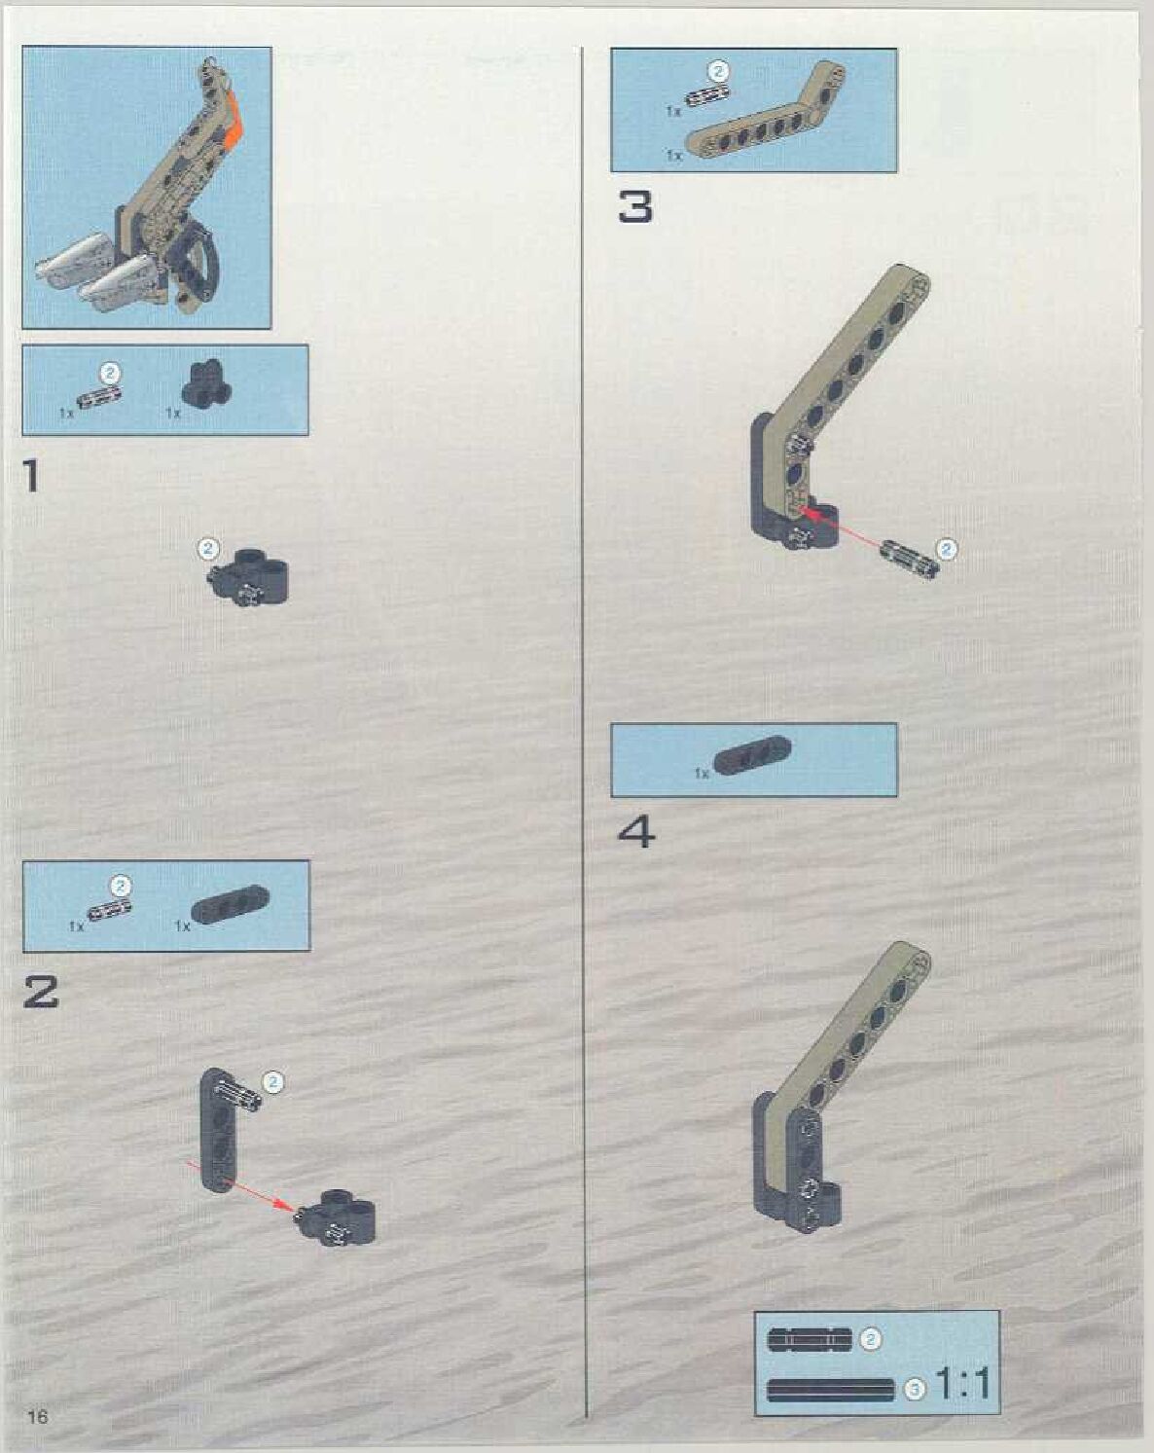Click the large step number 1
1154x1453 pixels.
pos(32,476)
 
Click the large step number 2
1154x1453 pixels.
pos(41,993)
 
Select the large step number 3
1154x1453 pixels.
pos(635,207)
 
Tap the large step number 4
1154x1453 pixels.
pos(636,832)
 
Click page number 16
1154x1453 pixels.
pos(37,1416)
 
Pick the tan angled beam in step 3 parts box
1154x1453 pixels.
pos(766,119)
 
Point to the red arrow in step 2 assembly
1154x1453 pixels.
pos(243,1185)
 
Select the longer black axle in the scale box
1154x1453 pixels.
pos(830,1390)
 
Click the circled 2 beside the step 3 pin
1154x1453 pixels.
pos(946,550)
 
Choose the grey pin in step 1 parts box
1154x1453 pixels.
pos(100,397)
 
